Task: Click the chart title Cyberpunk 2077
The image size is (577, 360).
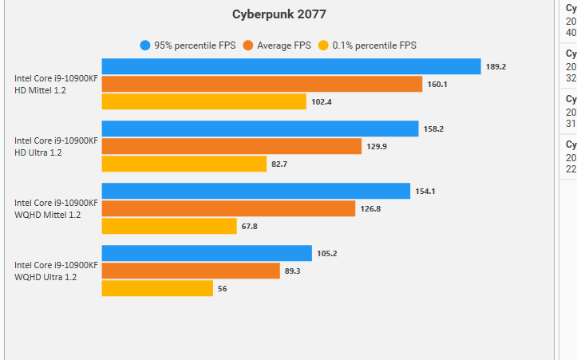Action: point(279,14)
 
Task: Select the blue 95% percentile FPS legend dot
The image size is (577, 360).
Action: point(144,45)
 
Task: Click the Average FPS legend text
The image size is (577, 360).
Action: point(283,45)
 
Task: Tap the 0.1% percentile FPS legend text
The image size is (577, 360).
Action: point(373,45)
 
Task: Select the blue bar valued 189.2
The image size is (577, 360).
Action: point(290,66)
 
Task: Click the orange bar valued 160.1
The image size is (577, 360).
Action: point(262,84)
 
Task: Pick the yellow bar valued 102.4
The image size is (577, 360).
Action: point(204,101)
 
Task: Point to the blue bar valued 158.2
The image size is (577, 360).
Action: point(259,129)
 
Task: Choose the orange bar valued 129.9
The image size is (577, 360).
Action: point(231,146)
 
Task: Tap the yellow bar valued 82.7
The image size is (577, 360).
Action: point(184,164)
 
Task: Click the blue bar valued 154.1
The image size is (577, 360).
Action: point(255,191)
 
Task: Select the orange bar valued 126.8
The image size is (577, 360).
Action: point(228,208)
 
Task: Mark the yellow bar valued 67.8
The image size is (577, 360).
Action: point(169,226)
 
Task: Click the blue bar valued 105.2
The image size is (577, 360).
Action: point(207,253)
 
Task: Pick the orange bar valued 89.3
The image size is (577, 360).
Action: point(191,271)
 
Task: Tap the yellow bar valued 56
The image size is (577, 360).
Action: point(157,288)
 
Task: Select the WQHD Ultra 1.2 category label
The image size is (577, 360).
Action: point(45,277)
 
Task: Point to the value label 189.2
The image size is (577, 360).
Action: point(496,67)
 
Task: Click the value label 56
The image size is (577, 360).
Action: point(222,289)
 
